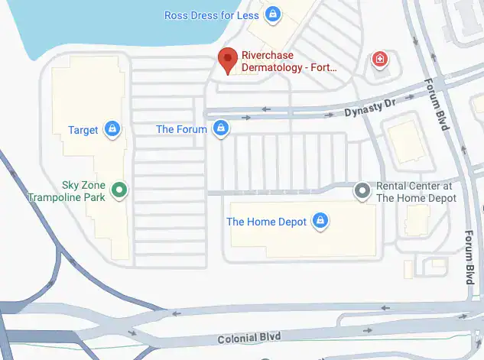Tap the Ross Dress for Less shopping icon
click(272, 14)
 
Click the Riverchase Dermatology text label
click(288, 61)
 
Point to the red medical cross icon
click(378, 59)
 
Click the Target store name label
click(83, 130)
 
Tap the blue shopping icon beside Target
click(113, 129)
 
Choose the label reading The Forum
click(181, 129)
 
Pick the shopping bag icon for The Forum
click(220, 128)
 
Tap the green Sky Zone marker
click(119, 190)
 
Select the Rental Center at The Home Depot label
click(416, 192)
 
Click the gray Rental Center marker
click(363, 191)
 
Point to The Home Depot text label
click(266, 222)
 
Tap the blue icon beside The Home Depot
click(320, 221)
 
